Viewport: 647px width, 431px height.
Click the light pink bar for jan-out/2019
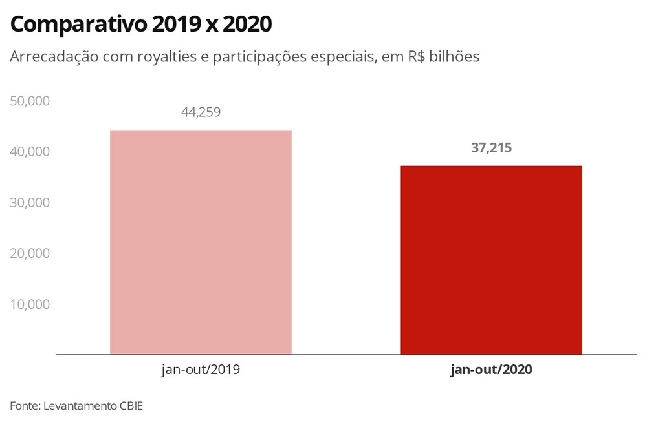click(201, 242)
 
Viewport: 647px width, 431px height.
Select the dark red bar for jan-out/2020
click(491, 260)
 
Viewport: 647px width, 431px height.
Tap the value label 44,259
click(201, 112)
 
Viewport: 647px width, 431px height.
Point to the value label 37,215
click(491, 148)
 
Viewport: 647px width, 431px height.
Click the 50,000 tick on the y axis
click(30, 101)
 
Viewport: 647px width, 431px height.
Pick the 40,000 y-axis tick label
click(30, 152)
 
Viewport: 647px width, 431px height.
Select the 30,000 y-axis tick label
click(30, 202)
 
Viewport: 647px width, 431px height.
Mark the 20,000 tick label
click(30, 253)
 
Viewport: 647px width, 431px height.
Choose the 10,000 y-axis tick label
click(30, 304)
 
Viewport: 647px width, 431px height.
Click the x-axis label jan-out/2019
click(201, 370)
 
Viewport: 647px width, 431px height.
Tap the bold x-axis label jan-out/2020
click(491, 370)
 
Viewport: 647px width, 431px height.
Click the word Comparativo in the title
click(77, 25)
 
